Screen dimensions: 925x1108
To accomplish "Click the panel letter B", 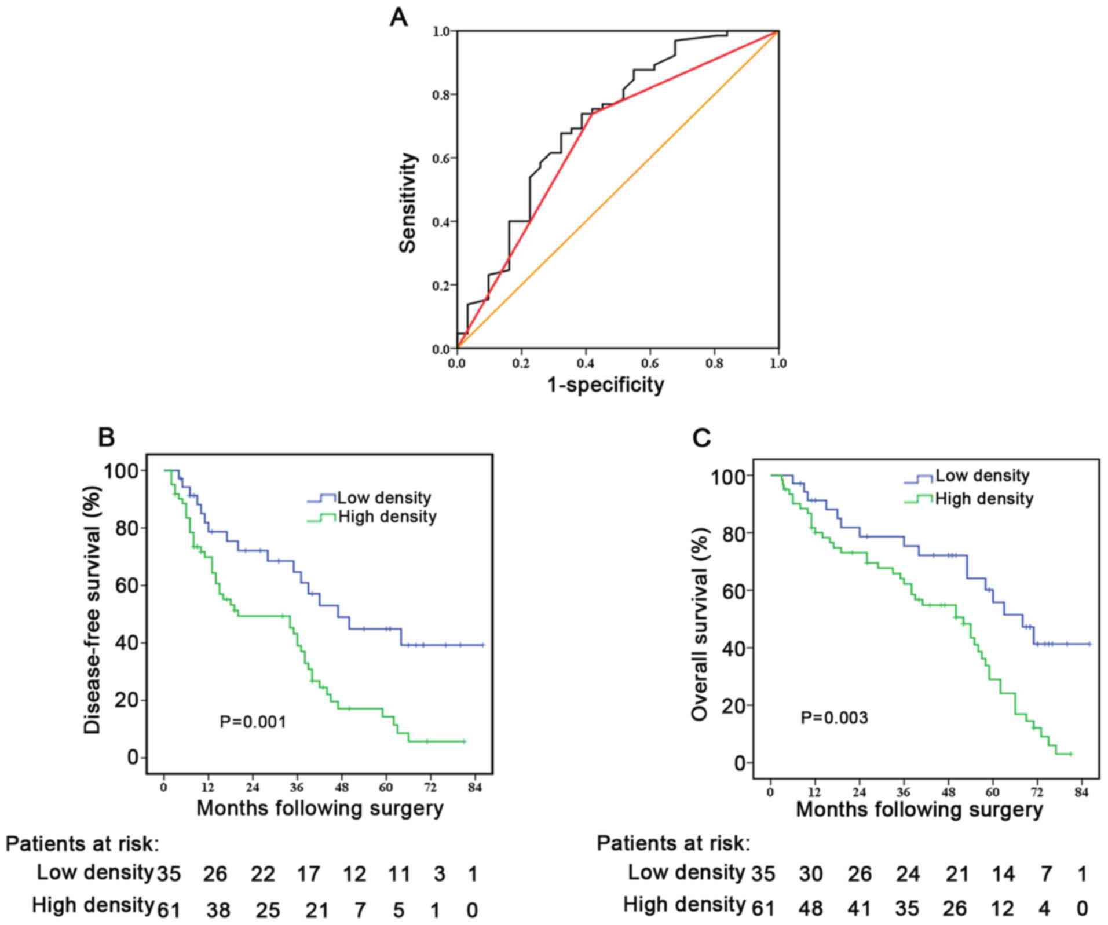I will pyautogui.click(x=106, y=437).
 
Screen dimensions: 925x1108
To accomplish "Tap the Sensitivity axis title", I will pyautogui.click(x=408, y=203).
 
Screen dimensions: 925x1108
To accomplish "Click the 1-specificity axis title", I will pyautogui.click(x=605, y=384).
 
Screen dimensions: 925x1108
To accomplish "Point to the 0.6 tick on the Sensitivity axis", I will pyautogui.click(x=441, y=158).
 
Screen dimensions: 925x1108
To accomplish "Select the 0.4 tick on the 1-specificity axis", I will pyautogui.click(x=586, y=363).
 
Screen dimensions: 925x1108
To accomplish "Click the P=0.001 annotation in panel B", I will pyautogui.click(x=253, y=722).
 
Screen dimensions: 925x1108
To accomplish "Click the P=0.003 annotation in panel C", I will pyautogui.click(x=834, y=718).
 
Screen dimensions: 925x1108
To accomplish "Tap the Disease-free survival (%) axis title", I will pyautogui.click(x=93, y=610).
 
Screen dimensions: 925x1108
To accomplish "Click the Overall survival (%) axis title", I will pyautogui.click(x=700, y=624).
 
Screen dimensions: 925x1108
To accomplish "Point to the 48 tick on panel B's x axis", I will pyautogui.click(x=341, y=787).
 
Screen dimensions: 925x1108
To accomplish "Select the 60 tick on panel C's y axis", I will pyautogui.click(x=734, y=590).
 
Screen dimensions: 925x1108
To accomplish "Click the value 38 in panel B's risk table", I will pyautogui.click(x=218, y=910).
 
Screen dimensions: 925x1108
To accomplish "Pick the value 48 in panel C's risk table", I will pyautogui.click(x=810, y=908).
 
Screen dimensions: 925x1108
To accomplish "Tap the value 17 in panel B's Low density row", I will pyautogui.click(x=308, y=873).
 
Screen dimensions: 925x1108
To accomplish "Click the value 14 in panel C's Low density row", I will pyautogui.click(x=1003, y=873).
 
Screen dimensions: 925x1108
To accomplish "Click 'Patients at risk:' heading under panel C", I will pyautogui.click(x=673, y=843).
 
